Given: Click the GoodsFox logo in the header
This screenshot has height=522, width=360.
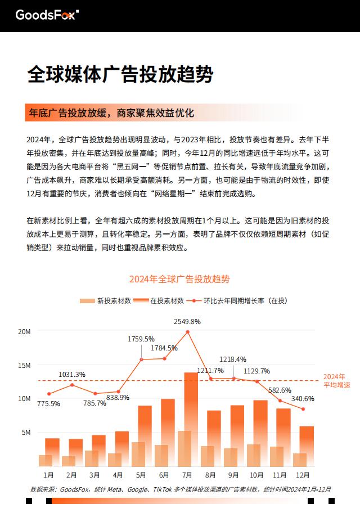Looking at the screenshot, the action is (47, 15).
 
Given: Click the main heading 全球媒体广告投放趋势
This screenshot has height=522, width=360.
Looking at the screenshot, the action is (120, 74).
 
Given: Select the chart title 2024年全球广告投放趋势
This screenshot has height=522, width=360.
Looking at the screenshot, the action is (179, 279).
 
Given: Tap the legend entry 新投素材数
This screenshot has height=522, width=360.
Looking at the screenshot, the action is (106, 300).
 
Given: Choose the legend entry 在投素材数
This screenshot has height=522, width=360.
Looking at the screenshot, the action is (159, 300).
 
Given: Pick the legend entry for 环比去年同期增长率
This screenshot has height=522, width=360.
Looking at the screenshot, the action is (237, 300).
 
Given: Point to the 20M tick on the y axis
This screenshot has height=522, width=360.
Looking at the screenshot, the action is (24, 331).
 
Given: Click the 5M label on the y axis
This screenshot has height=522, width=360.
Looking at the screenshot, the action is (26, 433).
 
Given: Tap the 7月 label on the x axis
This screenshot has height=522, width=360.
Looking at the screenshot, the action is (187, 475).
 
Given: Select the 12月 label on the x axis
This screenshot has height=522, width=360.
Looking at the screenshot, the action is (303, 475).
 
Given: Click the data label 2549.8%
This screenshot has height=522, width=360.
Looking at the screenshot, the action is (187, 322).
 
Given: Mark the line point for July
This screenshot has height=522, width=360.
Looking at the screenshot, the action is (187, 332).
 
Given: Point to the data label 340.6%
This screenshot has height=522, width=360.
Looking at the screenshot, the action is (303, 398).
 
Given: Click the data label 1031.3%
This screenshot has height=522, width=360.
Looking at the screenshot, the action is (72, 375).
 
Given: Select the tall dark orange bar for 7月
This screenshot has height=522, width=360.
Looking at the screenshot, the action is (191, 419).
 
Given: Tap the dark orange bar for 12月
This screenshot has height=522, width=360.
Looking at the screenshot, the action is (307, 446).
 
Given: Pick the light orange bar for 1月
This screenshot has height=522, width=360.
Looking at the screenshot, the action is (46, 461).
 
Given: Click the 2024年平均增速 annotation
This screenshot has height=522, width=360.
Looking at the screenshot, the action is (337, 381).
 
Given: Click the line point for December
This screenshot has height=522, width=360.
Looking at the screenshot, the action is (303, 409).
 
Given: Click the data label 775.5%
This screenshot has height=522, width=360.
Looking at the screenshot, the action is (48, 404).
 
